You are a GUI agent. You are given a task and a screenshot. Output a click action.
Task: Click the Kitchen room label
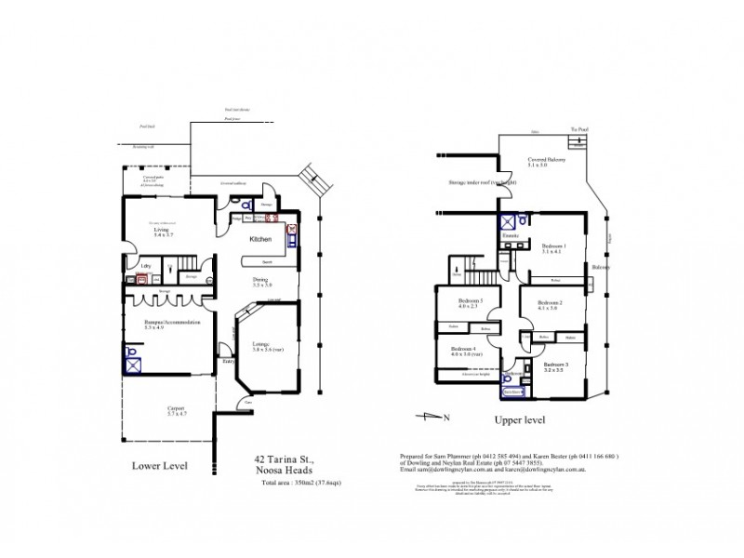(261, 239)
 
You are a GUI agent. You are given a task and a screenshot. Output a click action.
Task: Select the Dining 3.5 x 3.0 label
(261, 281)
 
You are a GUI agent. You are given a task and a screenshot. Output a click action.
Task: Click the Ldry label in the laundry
(145, 267)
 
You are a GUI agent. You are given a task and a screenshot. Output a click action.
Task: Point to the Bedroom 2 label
(552, 304)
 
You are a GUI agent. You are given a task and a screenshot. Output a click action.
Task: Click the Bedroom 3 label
(554, 365)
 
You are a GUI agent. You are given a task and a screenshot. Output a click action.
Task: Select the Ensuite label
(511, 236)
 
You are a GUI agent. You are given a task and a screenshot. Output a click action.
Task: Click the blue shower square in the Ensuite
(508, 221)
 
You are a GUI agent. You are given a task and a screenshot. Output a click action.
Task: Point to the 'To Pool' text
(578, 129)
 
